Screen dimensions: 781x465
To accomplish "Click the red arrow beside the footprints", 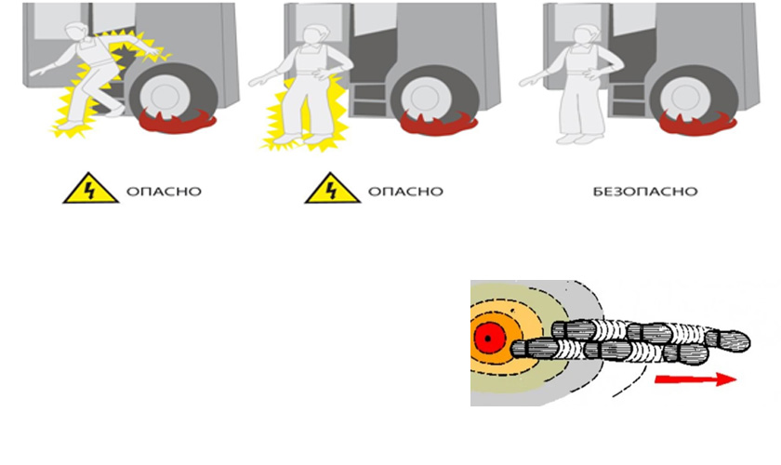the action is click(695, 379).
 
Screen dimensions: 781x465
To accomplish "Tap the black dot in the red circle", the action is click(487, 339).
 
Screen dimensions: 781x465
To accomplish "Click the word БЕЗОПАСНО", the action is click(645, 192).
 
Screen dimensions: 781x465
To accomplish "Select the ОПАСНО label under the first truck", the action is click(164, 192).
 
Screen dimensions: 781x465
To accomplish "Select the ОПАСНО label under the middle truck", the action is click(405, 192).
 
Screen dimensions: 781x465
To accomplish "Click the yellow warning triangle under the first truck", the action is click(91, 189).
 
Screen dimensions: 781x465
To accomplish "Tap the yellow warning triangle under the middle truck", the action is click(332, 189).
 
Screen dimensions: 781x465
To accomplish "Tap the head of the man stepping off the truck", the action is click(76, 33).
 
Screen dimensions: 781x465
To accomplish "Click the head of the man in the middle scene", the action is click(313, 34).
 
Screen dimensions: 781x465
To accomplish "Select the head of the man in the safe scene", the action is click(583, 34).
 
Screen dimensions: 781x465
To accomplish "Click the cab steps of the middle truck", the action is click(369, 99).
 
